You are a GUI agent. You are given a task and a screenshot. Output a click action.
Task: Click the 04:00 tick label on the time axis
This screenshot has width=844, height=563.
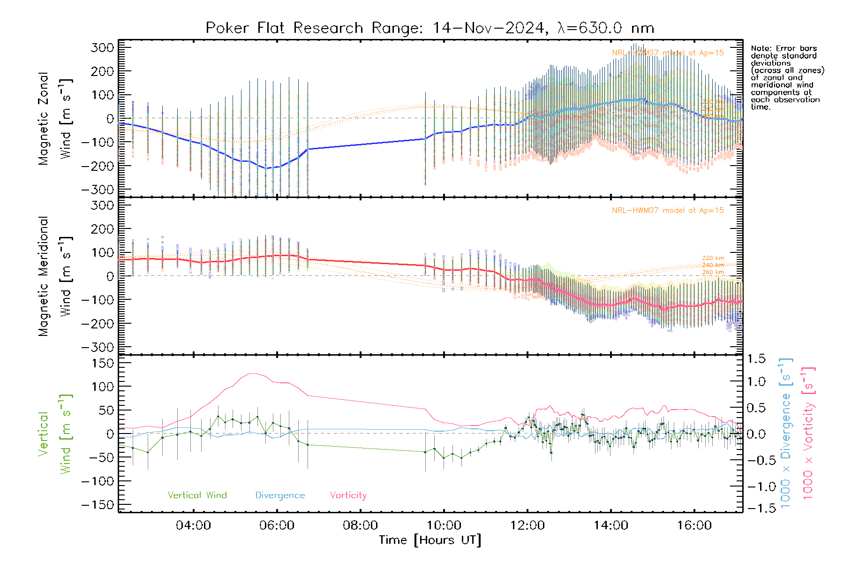click(193, 525)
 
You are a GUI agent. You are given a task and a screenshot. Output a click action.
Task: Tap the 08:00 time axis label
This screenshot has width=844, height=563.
click(360, 525)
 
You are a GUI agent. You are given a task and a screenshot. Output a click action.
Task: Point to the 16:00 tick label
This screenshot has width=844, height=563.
click(694, 525)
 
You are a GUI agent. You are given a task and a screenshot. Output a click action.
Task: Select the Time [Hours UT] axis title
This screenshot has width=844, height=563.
click(430, 540)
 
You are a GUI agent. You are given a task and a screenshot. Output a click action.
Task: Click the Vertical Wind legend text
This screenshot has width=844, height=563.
click(197, 495)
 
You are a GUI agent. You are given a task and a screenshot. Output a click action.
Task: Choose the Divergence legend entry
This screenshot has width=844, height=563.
click(280, 495)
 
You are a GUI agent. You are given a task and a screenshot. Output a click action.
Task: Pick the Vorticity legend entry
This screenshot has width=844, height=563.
click(348, 495)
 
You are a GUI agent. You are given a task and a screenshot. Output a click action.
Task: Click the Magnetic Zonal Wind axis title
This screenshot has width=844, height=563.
click(55, 119)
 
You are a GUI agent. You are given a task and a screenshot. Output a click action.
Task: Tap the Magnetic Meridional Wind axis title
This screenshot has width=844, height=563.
click(55, 276)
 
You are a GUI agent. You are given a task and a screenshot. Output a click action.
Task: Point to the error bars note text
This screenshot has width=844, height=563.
click(787, 77)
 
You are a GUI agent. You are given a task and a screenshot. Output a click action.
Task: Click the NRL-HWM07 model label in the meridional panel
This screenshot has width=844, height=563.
click(668, 211)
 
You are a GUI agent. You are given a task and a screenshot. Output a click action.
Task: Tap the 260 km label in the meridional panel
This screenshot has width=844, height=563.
click(713, 272)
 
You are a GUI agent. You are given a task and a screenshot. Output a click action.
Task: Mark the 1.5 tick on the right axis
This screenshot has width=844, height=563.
click(756, 359)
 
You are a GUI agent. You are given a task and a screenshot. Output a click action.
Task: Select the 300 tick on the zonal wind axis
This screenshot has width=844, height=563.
click(102, 47)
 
